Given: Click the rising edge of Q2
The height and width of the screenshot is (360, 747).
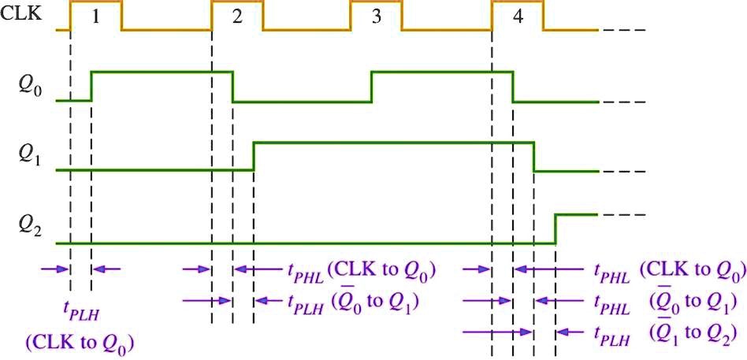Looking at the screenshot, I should click(556, 228).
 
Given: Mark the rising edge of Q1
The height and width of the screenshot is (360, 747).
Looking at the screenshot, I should click(254, 156).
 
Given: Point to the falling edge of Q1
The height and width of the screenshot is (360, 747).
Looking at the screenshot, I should click(534, 156).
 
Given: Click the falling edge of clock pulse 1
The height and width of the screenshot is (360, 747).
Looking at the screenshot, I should click(121, 16).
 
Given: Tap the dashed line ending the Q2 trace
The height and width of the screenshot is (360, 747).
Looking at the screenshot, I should click(622, 214).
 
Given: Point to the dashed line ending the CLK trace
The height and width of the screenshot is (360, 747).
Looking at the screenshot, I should click(622, 31).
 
